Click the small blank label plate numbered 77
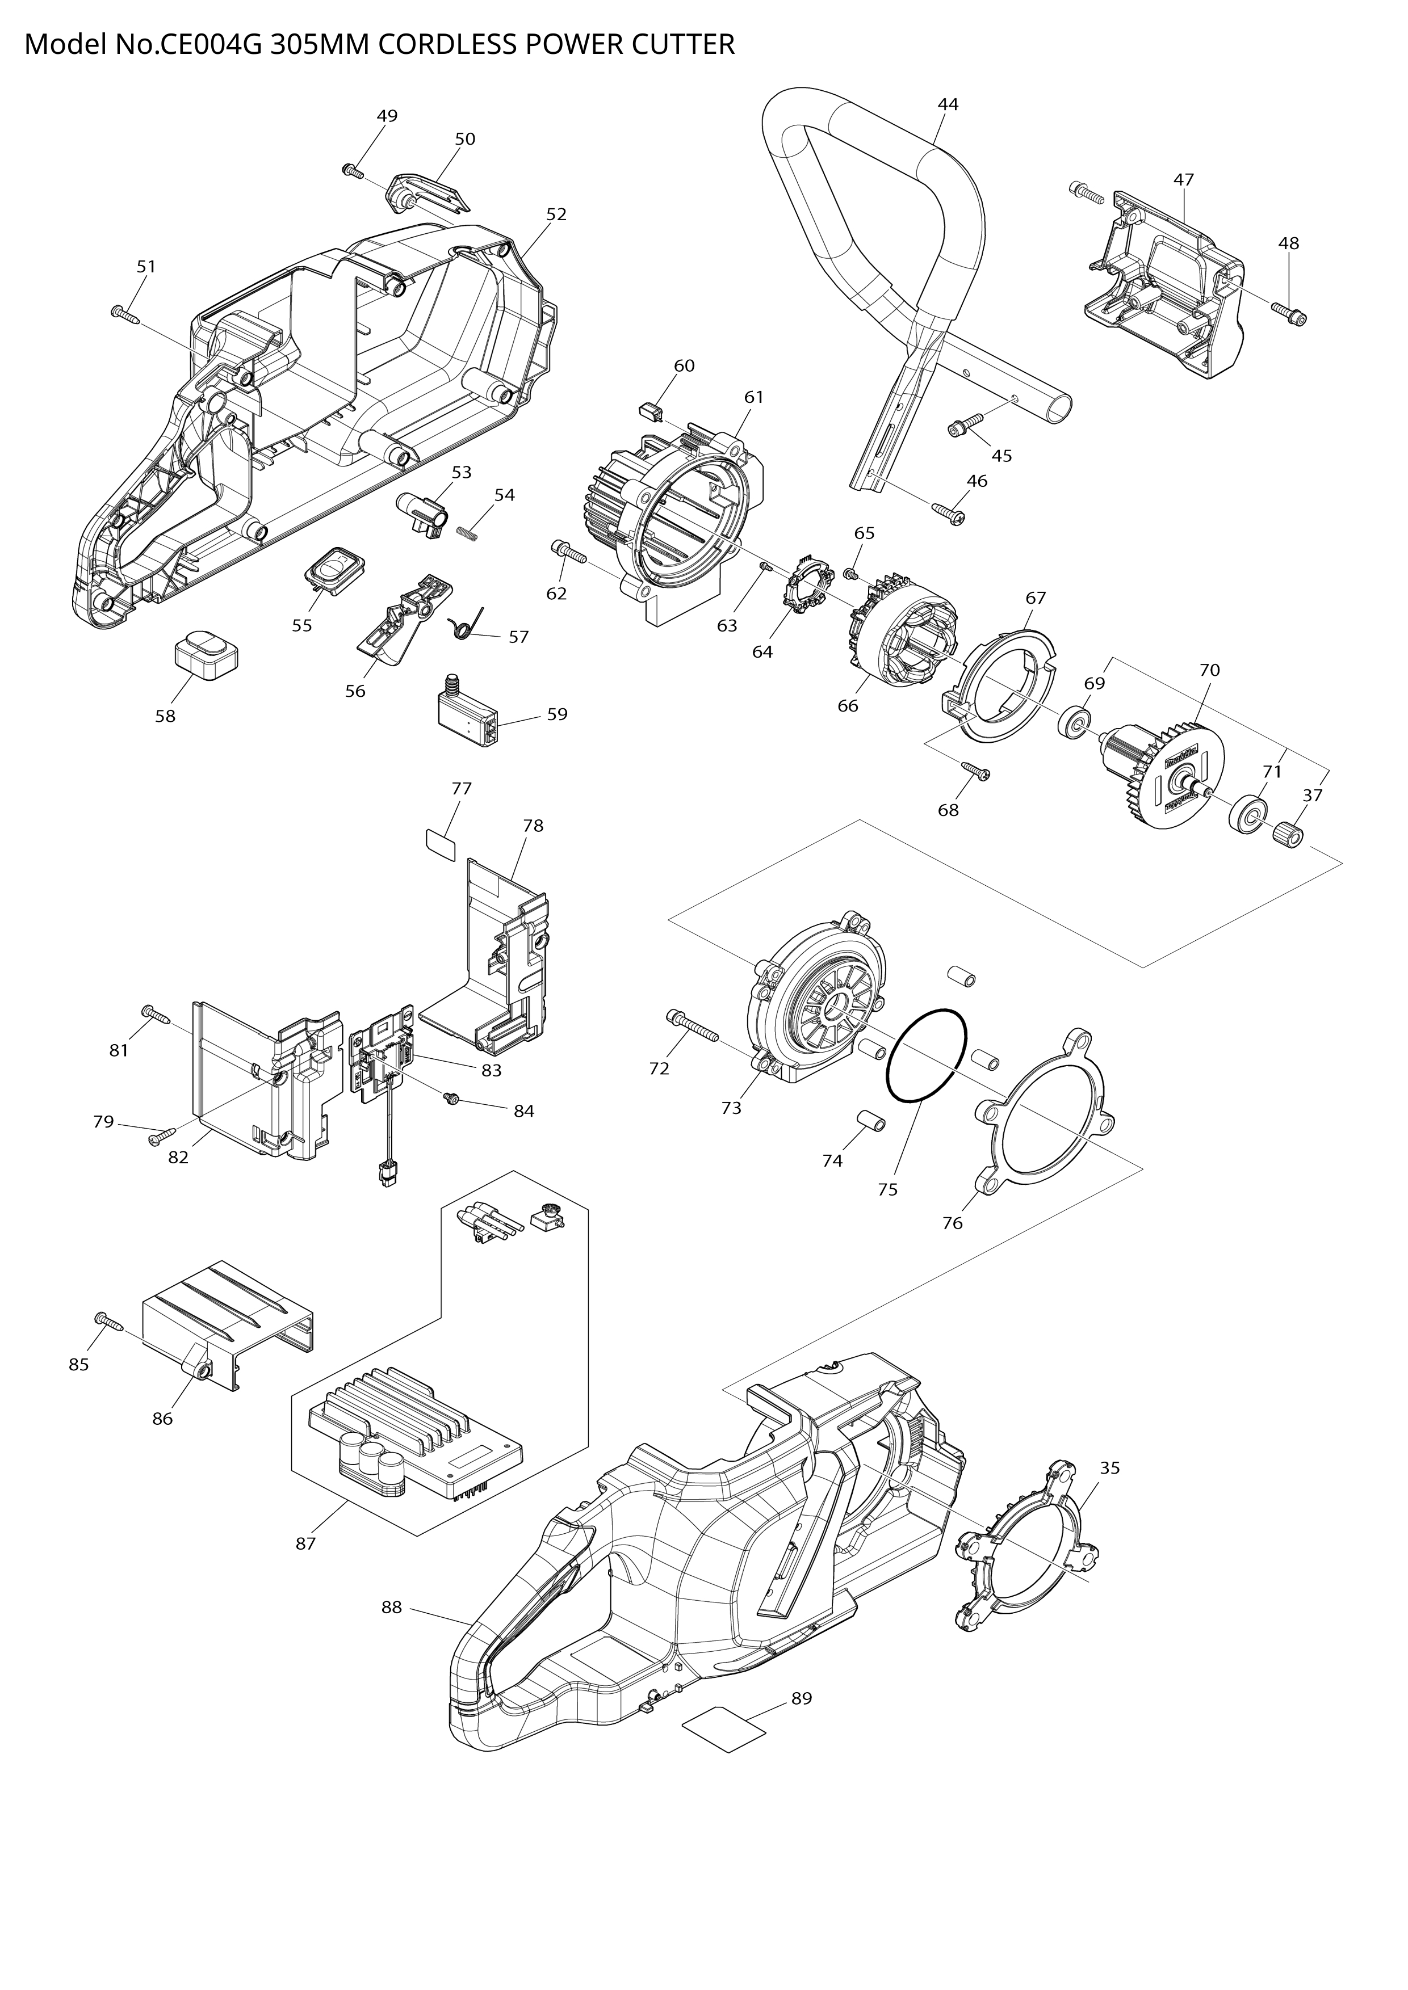[x=441, y=841]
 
